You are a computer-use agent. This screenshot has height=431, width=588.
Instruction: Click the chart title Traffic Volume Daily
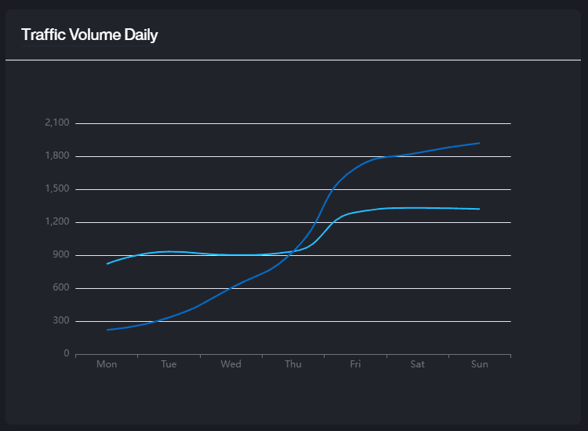[89, 35]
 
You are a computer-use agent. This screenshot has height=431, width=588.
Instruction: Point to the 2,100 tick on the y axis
[58, 123]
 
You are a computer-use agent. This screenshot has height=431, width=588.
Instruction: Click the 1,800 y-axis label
[58, 156]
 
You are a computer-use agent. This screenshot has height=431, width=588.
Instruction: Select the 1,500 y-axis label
[58, 189]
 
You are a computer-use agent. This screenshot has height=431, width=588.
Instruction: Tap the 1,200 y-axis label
[58, 222]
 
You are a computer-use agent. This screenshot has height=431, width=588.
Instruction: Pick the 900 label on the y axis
[61, 255]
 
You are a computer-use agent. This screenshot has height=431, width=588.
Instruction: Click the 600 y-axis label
[61, 288]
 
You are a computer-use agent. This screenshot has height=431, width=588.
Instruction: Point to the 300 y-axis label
[61, 321]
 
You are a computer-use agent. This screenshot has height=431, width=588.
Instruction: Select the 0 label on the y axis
[67, 354]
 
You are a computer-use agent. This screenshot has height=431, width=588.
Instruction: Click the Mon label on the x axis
[107, 364]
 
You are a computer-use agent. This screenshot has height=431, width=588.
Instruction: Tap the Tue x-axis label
[169, 364]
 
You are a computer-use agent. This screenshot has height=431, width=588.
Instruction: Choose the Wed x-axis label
[230, 364]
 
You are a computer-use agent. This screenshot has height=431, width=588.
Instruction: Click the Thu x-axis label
[293, 364]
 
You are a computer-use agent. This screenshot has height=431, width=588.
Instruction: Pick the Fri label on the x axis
[355, 364]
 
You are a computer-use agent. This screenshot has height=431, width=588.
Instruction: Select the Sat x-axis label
[417, 364]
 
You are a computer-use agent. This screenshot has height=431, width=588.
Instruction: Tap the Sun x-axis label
[479, 364]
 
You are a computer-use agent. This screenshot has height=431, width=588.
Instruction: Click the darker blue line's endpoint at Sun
[479, 143]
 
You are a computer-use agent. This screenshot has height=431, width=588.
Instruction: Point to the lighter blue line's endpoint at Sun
[479, 209]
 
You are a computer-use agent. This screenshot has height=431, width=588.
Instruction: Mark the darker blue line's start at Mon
[107, 330]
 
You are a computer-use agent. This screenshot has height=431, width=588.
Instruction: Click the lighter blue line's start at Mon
[107, 264]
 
